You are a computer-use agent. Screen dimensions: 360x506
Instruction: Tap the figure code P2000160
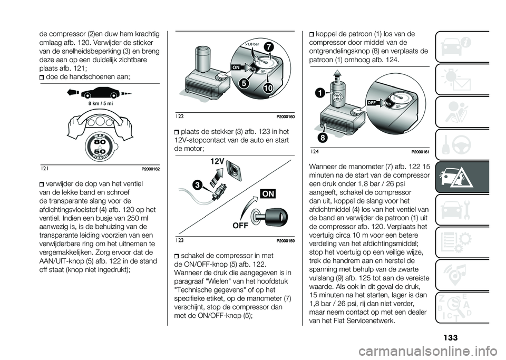click(x=284, y=116)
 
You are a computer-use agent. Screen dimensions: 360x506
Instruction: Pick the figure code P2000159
click(x=284, y=240)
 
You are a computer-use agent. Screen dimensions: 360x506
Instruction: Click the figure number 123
click(x=181, y=240)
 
